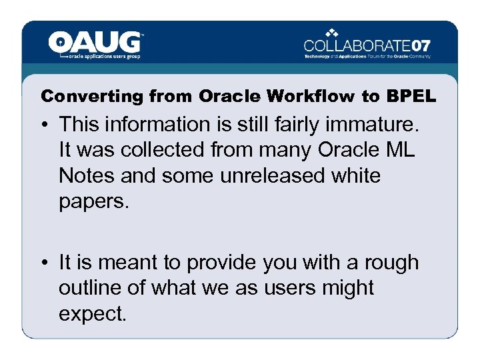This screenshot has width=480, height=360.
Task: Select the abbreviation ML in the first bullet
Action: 399,150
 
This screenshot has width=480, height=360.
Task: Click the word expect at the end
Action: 92,314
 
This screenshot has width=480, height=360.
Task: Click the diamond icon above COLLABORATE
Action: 333,32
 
